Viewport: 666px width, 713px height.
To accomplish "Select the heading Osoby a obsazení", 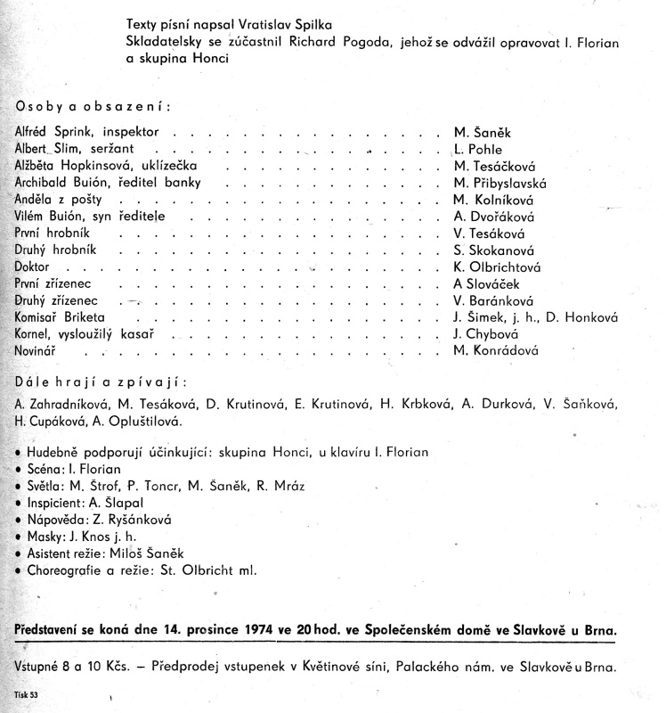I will [92, 106].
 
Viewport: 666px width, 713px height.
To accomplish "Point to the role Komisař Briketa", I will [61, 316].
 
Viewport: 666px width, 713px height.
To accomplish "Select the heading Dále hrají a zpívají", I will [102, 383].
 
